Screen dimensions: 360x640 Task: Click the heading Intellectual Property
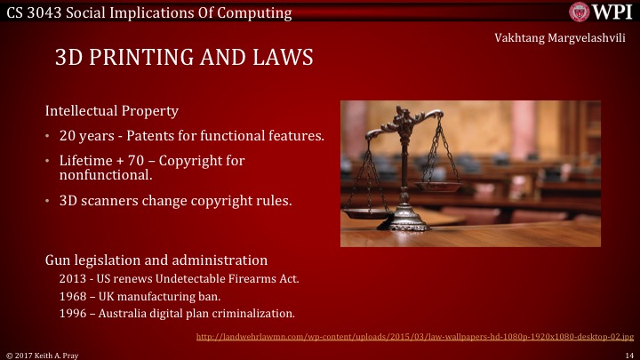(112, 112)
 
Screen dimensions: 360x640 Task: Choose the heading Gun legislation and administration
(156, 260)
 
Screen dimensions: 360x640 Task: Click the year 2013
(73, 278)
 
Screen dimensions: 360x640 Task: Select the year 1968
(72, 295)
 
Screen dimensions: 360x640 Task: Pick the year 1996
(72, 313)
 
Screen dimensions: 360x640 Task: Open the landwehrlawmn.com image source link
(414, 337)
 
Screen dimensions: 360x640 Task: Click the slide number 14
(628, 354)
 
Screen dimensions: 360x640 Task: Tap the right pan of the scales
(441, 187)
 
